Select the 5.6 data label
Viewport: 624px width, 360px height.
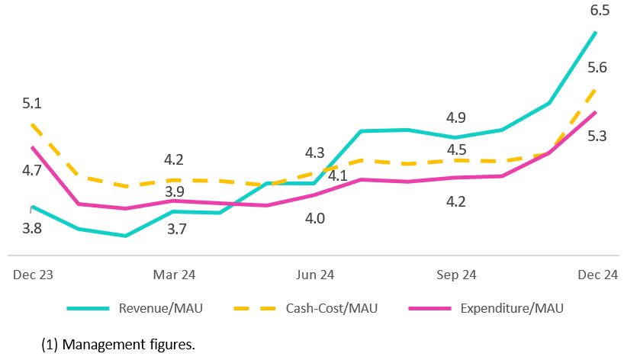click(597, 68)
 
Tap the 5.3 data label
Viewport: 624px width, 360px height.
click(597, 136)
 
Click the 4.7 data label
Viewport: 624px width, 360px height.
click(32, 171)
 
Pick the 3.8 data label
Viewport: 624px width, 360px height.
click(32, 227)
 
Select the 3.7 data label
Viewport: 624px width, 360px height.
click(177, 228)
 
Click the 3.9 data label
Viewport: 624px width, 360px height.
click(175, 191)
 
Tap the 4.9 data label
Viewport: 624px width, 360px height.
click(456, 117)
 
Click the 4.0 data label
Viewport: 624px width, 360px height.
click(315, 219)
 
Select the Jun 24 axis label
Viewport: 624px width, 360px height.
click(315, 275)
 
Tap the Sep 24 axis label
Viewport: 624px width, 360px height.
click(457, 275)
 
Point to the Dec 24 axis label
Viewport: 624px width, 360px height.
click(598, 275)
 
